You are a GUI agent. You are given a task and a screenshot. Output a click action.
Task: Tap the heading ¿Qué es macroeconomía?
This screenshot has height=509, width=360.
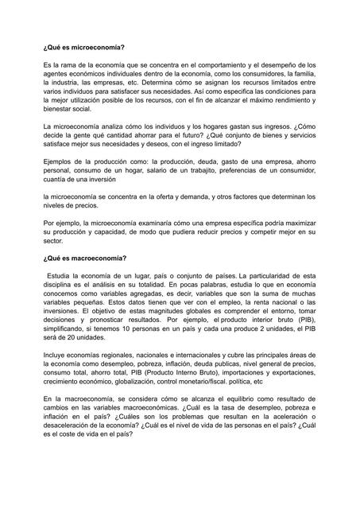tap(84, 258)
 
